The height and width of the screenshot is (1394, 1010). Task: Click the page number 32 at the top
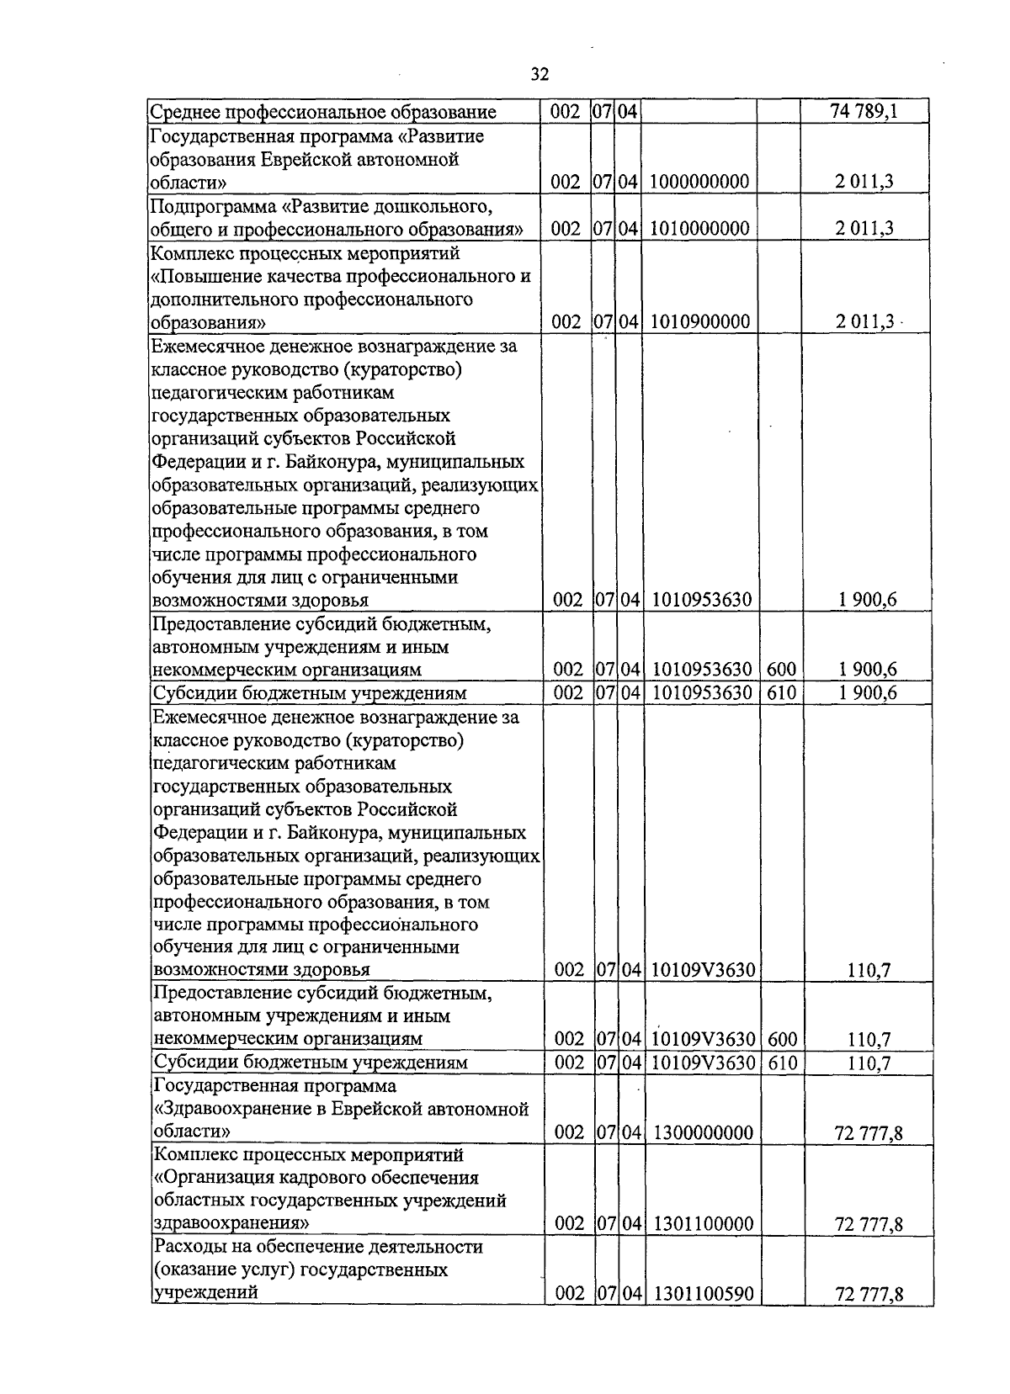(540, 75)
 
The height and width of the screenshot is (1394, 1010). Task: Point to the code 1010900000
(700, 322)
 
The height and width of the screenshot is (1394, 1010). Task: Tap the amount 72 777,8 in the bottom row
(869, 1295)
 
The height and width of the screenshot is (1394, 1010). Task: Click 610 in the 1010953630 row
(781, 693)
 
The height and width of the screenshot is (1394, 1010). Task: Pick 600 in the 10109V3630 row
(782, 1040)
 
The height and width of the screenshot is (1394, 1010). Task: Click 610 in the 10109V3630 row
(782, 1063)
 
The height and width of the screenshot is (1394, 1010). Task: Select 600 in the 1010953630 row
(781, 670)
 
